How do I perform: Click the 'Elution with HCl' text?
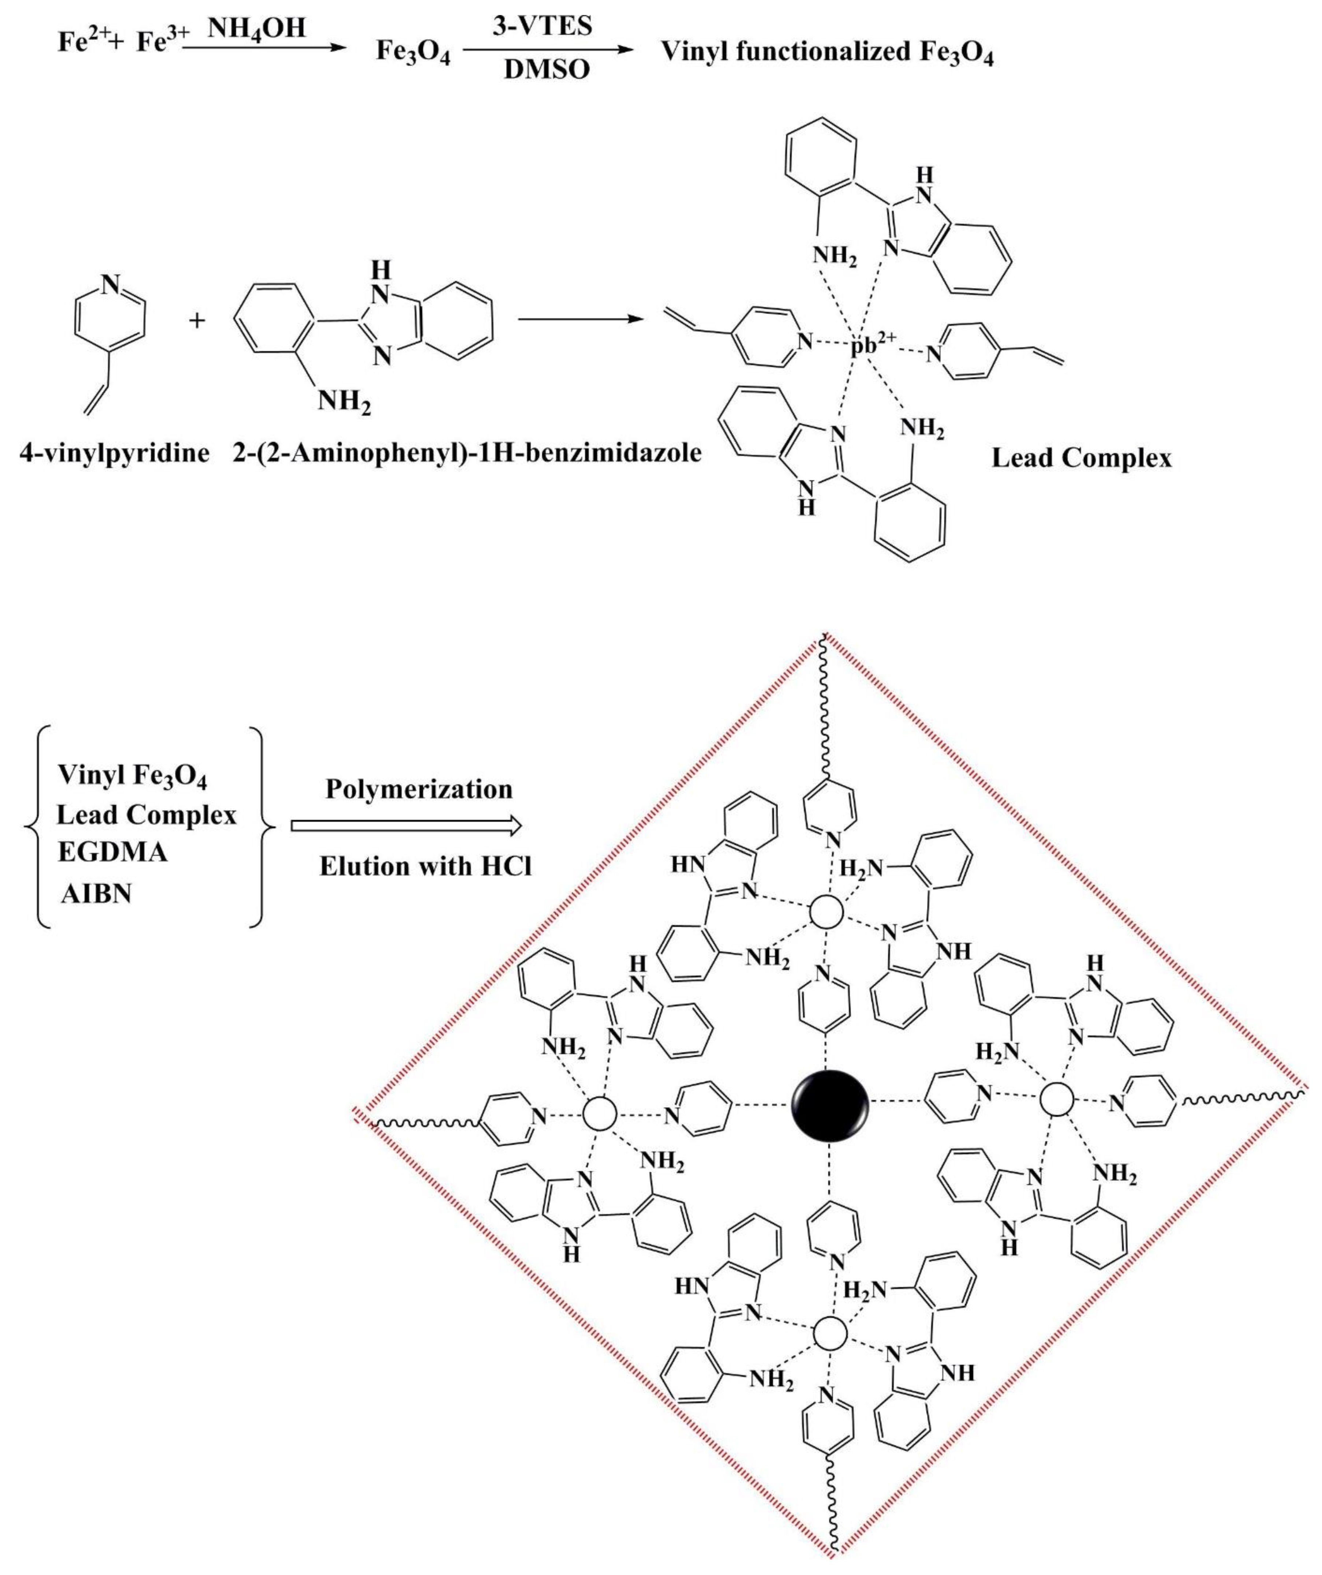(x=425, y=866)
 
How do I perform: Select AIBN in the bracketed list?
(x=97, y=894)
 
